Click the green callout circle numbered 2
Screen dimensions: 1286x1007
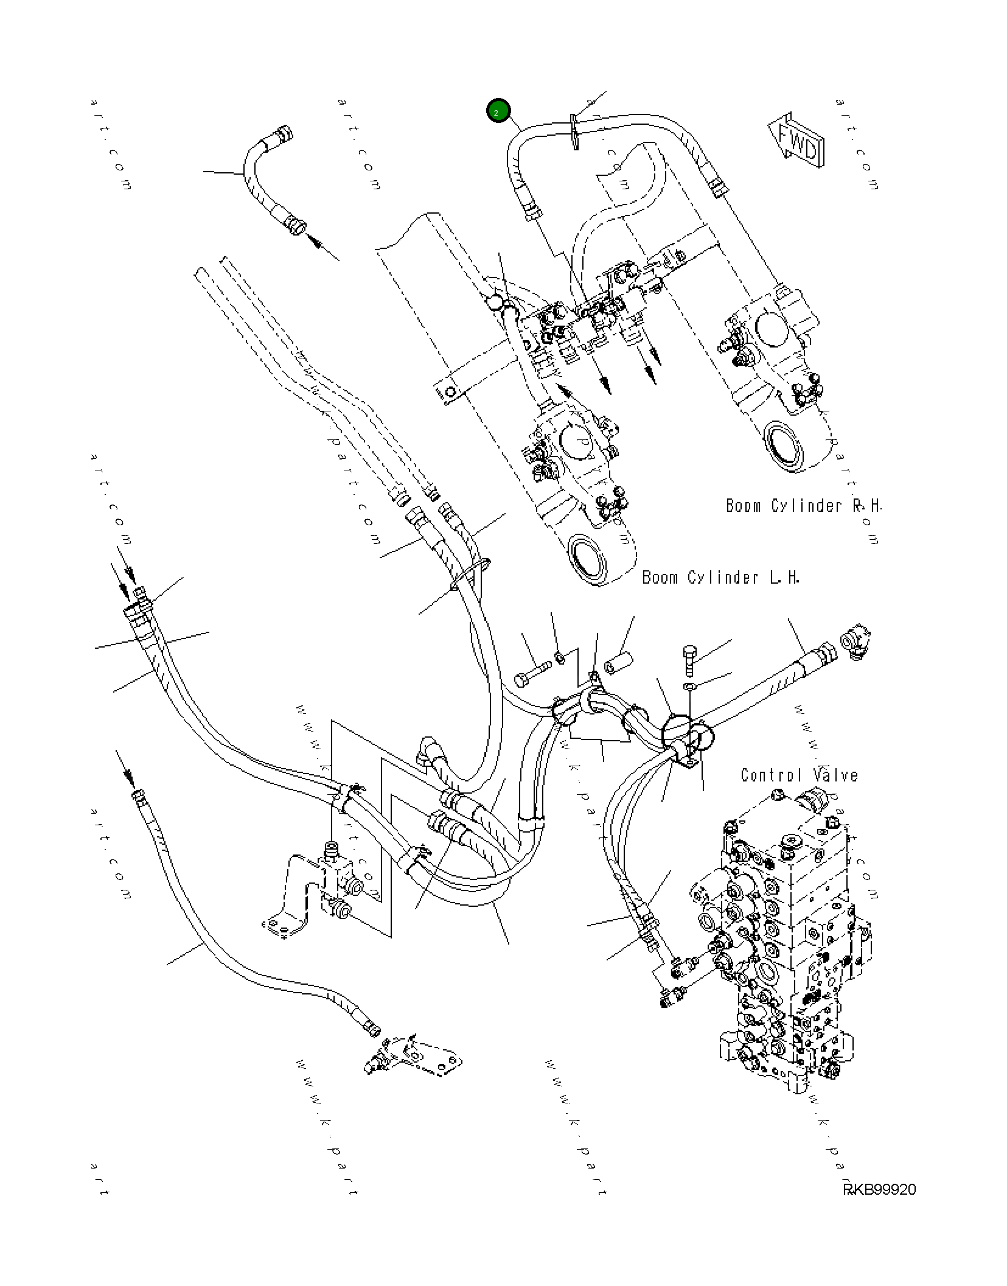click(x=498, y=111)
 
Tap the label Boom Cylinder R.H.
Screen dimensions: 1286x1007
click(x=803, y=506)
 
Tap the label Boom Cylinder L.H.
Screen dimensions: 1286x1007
click(x=720, y=578)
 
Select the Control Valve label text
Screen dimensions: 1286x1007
click(x=799, y=775)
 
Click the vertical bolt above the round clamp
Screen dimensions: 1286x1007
click(x=690, y=659)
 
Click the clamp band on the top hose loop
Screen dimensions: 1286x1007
click(x=574, y=131)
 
